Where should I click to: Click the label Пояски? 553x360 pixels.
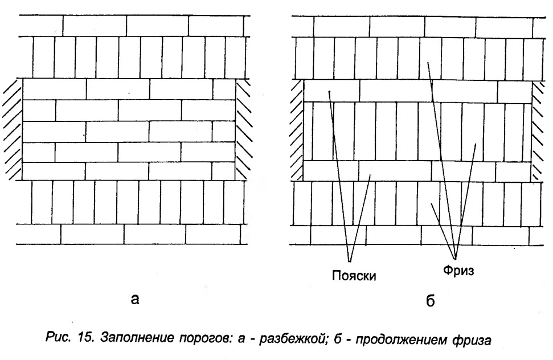click(354, 275)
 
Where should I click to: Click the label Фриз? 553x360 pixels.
click(458, 271)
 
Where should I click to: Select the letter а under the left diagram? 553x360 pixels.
click(135, 300)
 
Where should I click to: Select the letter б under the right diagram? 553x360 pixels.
click(430, 300)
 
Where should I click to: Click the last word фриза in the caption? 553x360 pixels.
click(472, 340)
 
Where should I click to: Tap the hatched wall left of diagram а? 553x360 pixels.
click(13, 130)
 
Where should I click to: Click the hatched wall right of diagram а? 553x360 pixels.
click(244, 129)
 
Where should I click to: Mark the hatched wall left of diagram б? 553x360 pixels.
click(297, 130)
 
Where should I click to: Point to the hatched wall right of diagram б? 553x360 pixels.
click(538, 131)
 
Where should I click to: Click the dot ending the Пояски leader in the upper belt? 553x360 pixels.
click(329, 92)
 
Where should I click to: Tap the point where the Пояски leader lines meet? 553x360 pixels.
click(350, 261)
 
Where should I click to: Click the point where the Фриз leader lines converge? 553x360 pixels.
click(455, 257)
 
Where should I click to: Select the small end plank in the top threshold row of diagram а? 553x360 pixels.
click(224, 89)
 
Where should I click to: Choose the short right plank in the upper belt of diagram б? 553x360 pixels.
click(515, 92)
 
